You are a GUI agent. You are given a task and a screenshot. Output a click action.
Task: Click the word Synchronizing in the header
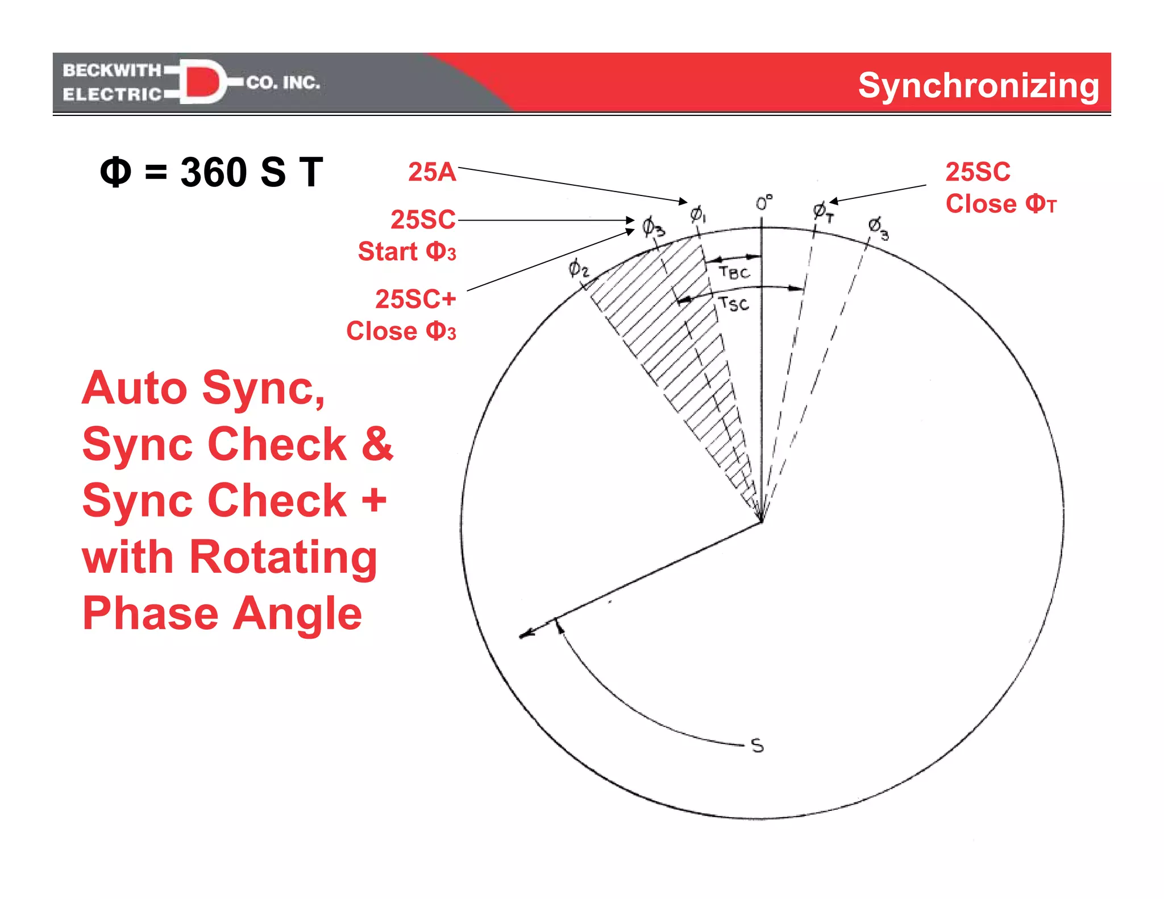coord(978,85)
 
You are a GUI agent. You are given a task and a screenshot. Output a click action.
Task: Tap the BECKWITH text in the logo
coord(112,70)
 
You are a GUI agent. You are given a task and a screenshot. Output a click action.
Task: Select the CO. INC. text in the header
coord(283,83)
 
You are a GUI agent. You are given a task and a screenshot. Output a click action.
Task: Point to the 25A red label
coord(432,172)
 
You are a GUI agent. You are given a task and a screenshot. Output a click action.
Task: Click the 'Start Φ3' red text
coord(407,251)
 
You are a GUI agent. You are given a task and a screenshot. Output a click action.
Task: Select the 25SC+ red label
coord(415,299)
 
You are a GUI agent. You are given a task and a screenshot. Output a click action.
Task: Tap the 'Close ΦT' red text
coord(1001,203)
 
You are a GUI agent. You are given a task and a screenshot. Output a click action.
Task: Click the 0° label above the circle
coord(763,203)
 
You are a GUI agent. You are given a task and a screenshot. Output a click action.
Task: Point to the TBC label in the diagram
coord(734,272)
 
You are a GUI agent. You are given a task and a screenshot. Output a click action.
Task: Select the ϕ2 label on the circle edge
coord(578,268)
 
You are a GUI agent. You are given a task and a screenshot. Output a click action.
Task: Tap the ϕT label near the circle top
coord(822,212)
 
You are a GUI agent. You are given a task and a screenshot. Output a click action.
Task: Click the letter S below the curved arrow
coord(757,746)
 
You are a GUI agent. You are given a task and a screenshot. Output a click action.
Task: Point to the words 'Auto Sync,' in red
coord(203,388)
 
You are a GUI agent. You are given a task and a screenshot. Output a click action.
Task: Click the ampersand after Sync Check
coord(377,444)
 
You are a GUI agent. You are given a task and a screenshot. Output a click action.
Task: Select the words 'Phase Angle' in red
coord(222,613)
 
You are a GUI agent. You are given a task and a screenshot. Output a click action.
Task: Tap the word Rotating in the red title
coord(283,557)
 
